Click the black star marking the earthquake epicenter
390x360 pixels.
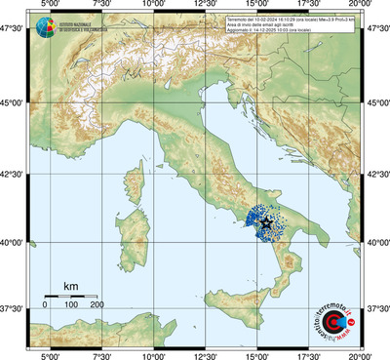click(266, 222)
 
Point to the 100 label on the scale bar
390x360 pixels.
click(71, 305)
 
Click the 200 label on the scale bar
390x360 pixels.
click(97, 305)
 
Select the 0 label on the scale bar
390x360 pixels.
click(45, 305)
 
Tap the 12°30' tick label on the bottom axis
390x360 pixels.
click(206, 354)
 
